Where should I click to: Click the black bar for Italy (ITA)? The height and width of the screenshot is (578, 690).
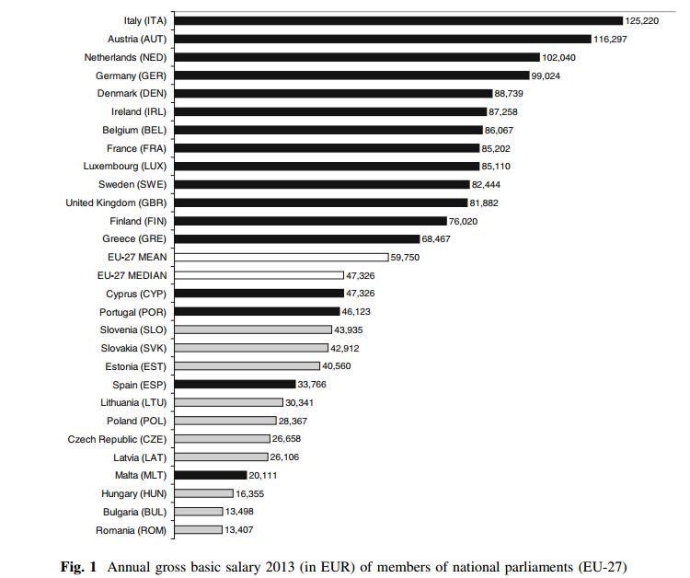coord(397,20)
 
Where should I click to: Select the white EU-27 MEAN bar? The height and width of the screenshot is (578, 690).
coord(281,257)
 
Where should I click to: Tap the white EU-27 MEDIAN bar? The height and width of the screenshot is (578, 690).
coord(259,275)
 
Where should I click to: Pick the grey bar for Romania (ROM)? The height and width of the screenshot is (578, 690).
coord(198,530)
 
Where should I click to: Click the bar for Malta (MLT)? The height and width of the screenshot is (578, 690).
coord(210,475)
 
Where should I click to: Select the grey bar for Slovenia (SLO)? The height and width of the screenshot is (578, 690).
coord(252,329)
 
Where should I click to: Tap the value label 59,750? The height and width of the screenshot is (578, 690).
coord(406,258)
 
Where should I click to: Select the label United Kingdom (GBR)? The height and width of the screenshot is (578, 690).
coord(116,202)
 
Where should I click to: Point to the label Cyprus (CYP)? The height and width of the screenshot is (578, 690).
coord(136,294)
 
